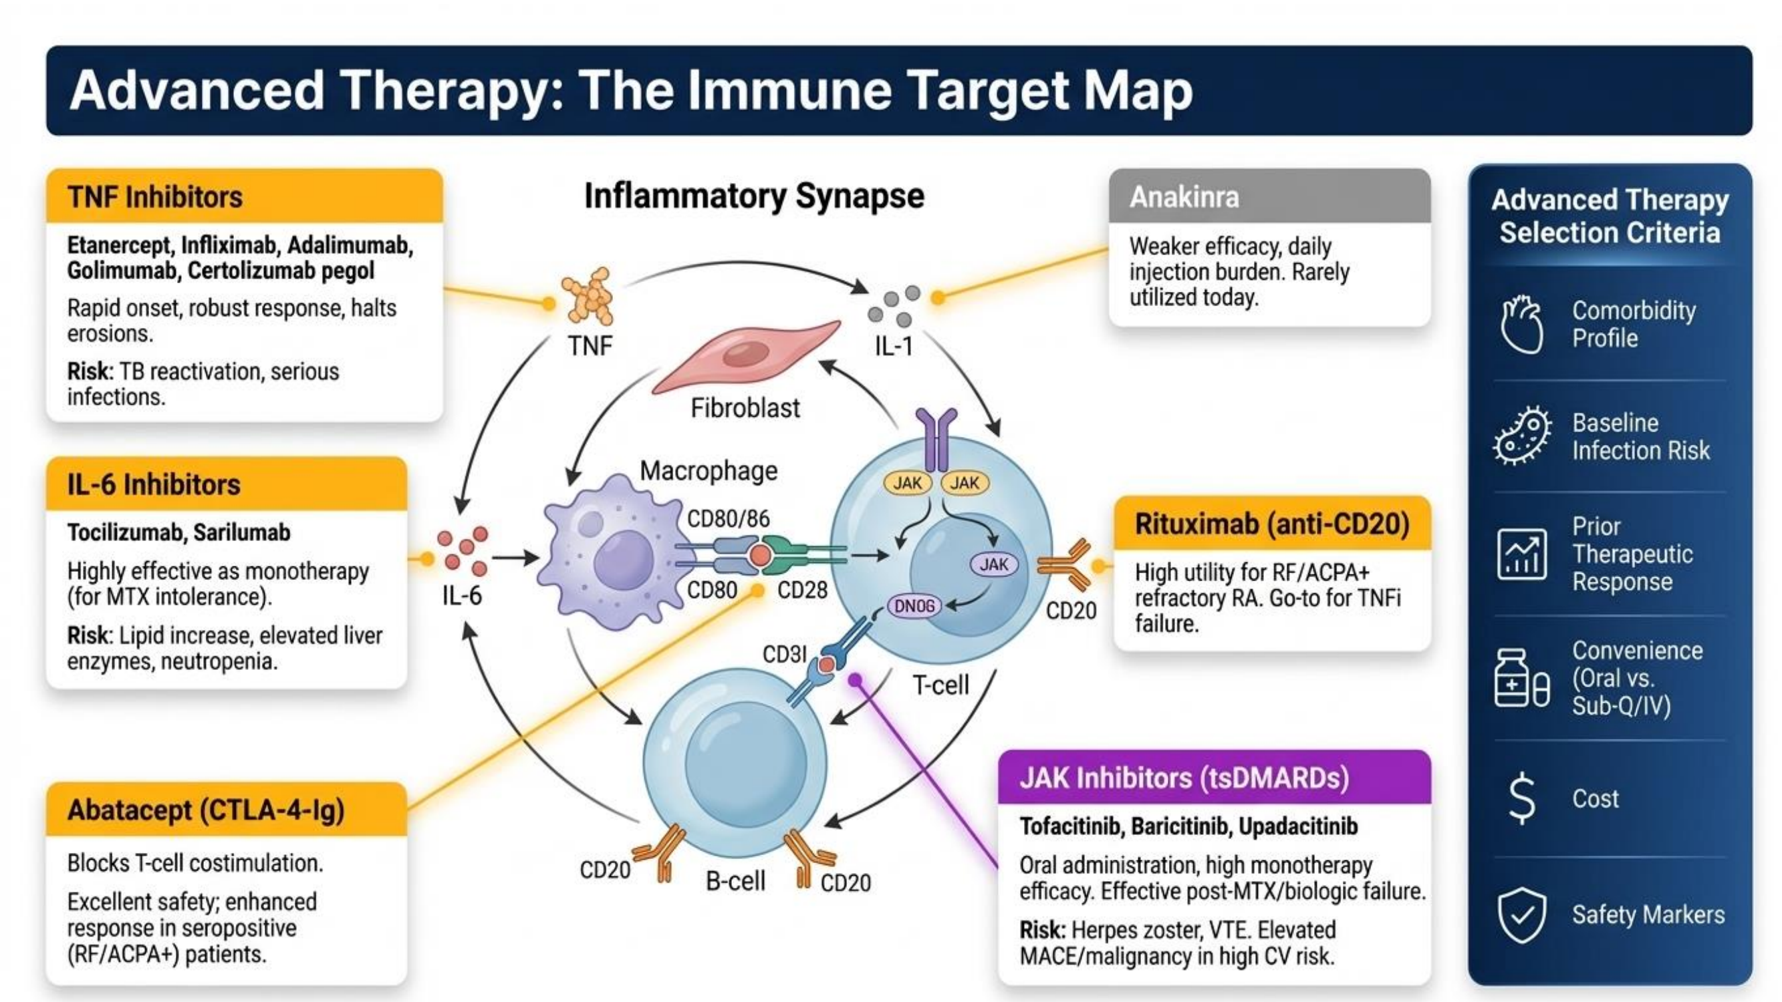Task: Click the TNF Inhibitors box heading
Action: point(244,196)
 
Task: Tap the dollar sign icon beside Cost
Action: point(1522,799)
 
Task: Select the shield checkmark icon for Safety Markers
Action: point(1522,915)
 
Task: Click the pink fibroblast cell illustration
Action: point(746,357)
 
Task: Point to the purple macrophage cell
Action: point(613,552)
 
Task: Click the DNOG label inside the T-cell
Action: point(914,607)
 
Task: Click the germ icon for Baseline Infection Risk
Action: point(1522,436)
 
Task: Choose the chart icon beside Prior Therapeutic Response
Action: point(1522,554)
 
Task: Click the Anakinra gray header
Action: point(1269,196)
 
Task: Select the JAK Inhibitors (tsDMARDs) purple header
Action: point(1214,778)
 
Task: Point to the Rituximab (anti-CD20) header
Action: point(1272,524)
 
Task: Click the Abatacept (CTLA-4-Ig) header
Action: point(226,809)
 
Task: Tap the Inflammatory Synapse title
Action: point(754,196)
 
